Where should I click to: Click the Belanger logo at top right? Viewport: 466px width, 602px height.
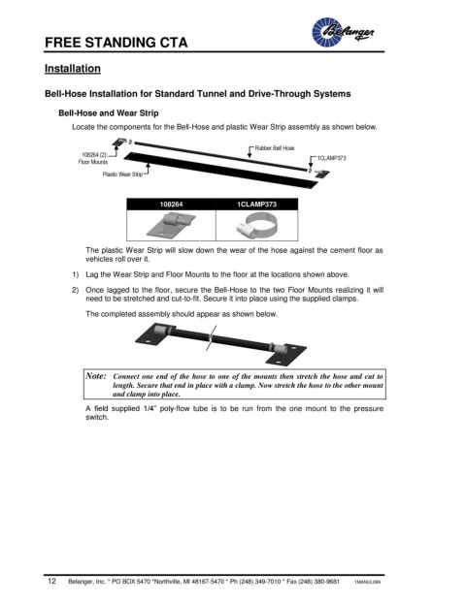(x=343, y=32)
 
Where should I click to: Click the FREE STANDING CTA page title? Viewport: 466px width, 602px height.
(x=116, y=43)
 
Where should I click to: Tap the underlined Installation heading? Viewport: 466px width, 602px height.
(x=73, y=68)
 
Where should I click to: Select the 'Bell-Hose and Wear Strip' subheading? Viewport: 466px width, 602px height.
(x=109, y=113)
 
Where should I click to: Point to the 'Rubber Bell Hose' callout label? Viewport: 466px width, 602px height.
(x=275, y=148)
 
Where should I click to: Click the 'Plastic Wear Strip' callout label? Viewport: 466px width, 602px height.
(x=122, y=174)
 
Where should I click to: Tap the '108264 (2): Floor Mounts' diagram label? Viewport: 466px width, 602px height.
(x=93, y=158)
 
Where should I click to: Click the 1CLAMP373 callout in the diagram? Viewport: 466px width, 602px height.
(x=331, y=158)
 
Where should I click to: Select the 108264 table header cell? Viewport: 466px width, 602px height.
(x=171, y=205)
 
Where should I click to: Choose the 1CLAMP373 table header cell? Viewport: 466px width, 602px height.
(x=257, y=205)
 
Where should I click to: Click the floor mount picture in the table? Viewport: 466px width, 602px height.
(x=171, y=225)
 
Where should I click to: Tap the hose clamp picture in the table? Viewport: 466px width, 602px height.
(x=255, y=226)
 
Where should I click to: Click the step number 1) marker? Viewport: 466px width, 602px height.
(x=75, y=275)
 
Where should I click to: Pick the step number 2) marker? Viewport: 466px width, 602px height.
(x=75, y=290)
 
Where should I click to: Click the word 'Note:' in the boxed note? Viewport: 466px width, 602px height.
(x=96, y=376)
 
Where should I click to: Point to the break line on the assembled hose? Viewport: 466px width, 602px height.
(x=211, y=338)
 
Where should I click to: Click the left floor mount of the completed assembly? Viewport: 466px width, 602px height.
(x=155, y=334)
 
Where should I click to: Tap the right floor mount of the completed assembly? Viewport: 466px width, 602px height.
(x=286, y=354)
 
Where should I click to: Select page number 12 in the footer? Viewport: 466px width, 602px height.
(x=51, y=581)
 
